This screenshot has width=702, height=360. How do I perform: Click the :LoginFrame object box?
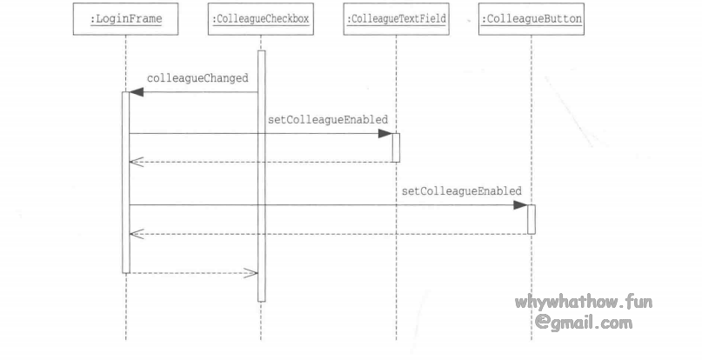click(x=125, y=20)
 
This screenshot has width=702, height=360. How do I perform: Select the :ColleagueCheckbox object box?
click(x=260, y=20)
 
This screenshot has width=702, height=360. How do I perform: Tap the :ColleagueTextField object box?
click(x=396, y=20)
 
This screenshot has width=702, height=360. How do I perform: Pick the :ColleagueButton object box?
click(x=531, y=20)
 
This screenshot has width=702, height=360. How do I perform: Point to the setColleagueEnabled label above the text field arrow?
click(x=327, y=119)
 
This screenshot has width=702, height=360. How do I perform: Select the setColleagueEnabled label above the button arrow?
click(x=462, y=190)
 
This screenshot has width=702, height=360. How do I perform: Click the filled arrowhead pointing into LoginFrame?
click(x=137, y=91)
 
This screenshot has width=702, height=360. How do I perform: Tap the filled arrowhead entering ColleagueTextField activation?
click(x=384, y=134)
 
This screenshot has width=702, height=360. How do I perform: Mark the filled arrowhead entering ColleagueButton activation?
click(x=519, y=205)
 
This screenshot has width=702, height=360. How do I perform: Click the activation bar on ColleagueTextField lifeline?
click(x=396, y=148)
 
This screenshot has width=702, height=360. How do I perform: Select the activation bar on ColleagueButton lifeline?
click(x=531, y=219)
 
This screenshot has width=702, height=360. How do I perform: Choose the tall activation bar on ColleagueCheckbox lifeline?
click(x=261, y=174)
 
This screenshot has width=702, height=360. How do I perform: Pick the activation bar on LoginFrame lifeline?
click(x=125, y=183)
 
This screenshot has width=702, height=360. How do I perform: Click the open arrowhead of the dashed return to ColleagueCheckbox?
click(x=251, y=273)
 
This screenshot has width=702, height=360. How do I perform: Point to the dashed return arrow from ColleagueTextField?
click(x=261, y=162)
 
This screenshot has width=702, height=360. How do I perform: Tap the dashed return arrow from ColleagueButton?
click(x=331, y=233)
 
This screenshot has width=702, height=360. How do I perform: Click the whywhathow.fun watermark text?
click(x=583, y=303)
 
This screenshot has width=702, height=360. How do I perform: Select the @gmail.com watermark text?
click(x=584, y=323)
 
